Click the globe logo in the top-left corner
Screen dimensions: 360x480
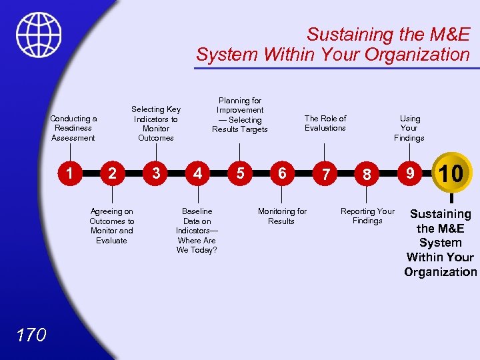[39, 35]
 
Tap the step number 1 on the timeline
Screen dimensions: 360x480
[69, 173]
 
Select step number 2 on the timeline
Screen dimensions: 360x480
[113, 173]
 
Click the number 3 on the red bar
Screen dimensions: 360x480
[155, 173]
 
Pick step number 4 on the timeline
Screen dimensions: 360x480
[197, 173]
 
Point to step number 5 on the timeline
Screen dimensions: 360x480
[240, 173]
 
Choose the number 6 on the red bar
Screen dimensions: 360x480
[282, 173]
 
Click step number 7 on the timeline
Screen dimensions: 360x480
[325, 175]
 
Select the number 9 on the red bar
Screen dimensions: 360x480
[411, 173]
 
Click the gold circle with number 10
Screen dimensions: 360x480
[451, 173]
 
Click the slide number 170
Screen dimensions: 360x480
[32, 334]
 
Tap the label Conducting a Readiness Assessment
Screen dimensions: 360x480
[73, 128]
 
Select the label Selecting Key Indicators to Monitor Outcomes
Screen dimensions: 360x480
[155, 123]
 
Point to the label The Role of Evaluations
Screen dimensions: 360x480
[325, 123]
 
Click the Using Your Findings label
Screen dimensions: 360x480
[409, 128]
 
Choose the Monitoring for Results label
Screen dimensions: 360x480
[282, 216]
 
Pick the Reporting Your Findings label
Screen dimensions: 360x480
[367, 216]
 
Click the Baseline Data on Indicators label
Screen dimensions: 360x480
[197, 230]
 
